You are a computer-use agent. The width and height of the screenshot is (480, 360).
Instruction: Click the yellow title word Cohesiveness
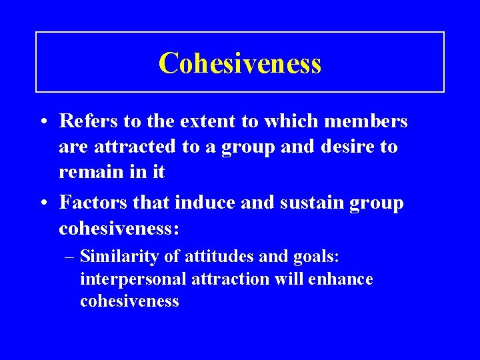(240, 63)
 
